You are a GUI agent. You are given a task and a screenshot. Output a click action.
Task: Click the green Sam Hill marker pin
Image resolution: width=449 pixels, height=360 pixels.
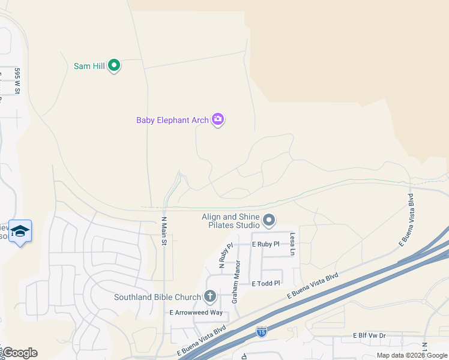tap(114, 65)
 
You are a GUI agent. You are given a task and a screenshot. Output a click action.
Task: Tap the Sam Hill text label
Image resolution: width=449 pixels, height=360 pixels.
tap(89, 66)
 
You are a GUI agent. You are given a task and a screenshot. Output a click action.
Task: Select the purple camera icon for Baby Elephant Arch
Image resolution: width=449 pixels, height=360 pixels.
tap(218, 119)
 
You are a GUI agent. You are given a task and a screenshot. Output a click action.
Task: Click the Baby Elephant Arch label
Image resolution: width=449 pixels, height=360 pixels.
tap(172, 120)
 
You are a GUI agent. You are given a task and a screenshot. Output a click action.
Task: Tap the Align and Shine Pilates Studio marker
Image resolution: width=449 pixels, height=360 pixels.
tap(269, 221)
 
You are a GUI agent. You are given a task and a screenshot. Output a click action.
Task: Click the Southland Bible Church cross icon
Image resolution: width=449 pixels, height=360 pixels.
tap(209, 296)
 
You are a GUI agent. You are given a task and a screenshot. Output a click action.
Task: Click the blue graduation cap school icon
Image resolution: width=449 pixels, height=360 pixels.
tap(20, 231)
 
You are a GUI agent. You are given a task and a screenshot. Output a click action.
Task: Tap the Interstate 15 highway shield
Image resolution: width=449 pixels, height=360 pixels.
tap(261, 331)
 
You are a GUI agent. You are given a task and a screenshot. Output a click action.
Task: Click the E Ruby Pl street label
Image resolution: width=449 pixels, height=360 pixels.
tap(266, 245)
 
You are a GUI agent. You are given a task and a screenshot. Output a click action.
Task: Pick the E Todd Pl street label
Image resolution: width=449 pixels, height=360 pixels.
tap(266, 283)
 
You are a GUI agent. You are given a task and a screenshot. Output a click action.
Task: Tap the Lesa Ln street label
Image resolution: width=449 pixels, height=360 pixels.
tap(292, 244)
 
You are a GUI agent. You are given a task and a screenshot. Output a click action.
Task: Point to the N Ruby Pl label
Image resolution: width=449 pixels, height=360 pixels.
tap(221, 257)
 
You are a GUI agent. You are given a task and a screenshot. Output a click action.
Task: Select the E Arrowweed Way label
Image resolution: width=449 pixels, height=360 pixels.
tap(196, 313)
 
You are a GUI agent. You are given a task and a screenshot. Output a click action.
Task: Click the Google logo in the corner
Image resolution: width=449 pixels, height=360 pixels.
tap(20, 353)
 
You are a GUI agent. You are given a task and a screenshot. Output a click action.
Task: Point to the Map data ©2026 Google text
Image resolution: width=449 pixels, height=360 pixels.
tap(412, 355)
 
